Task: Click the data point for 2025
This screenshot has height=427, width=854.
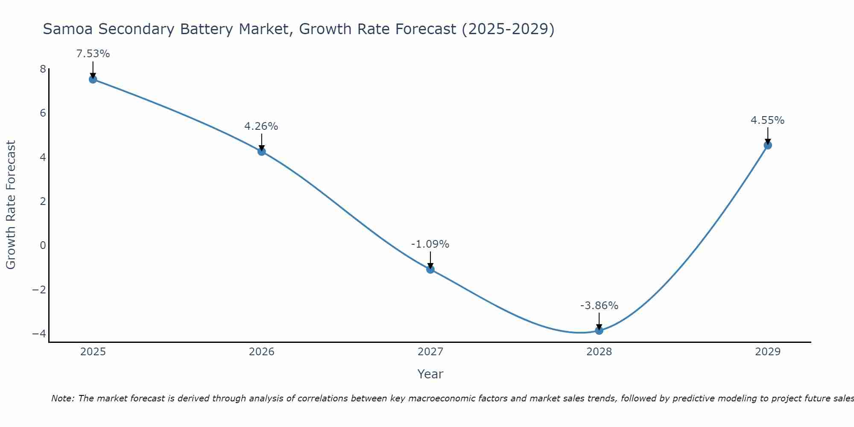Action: [93, 79]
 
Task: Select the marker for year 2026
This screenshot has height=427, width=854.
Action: [262, 151]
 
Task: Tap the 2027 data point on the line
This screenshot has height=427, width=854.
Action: [430, 269]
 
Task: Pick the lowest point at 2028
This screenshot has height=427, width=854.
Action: [599, 330]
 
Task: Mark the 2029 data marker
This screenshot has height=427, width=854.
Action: [768, 145]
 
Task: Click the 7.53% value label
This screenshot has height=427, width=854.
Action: [93, 54]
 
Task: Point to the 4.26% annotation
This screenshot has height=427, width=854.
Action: [261, 126]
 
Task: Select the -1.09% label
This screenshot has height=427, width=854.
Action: [430, 244]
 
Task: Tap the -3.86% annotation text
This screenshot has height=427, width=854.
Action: [599, 306]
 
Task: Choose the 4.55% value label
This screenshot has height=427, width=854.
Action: [767, 120]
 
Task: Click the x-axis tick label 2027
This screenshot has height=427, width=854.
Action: [430, 352]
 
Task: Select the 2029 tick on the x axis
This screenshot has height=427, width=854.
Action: [768, 352]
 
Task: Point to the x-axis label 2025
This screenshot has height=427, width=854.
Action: [93, 352]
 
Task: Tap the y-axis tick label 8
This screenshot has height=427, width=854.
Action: [43, 69]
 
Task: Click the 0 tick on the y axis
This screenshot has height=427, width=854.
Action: [43, 246]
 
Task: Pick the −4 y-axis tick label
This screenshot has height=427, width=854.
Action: [39, 333]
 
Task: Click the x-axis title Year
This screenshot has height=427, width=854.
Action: [430, 374]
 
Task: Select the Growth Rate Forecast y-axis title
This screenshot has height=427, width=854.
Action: [11, 205]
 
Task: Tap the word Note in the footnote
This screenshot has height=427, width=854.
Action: [62, 398]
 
